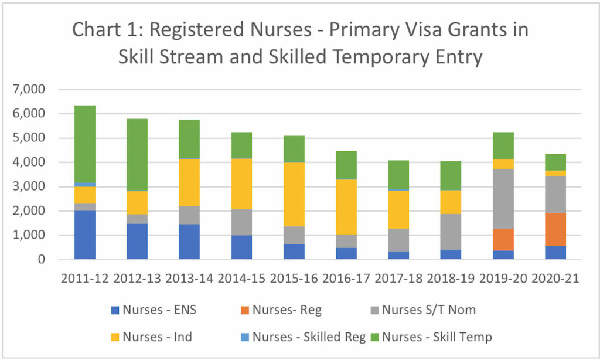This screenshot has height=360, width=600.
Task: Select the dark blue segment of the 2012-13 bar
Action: point(137,241)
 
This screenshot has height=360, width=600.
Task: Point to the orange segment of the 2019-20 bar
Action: point(503,239)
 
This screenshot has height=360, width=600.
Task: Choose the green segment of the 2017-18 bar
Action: point(398,175)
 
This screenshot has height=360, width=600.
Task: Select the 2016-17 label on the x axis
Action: point(346,279)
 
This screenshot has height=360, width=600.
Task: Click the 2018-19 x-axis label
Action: point(451,279)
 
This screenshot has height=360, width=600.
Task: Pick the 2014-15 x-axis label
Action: point(241,279)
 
